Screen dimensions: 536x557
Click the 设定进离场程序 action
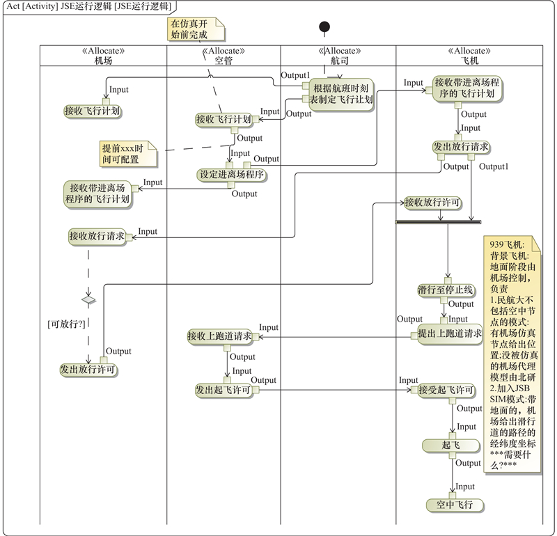[x=232, y=175]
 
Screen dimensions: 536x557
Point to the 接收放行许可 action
[x=432, y=203]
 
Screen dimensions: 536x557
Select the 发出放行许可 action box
[x=88, y=370]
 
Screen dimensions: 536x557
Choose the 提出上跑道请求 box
[x=450, y=333]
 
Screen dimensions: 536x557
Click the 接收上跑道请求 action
[x=220, y=337]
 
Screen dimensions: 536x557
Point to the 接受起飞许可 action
[x=446, y=390]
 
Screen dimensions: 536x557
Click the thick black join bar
[x=438, y=222]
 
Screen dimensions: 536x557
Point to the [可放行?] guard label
[x=65, y=324]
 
